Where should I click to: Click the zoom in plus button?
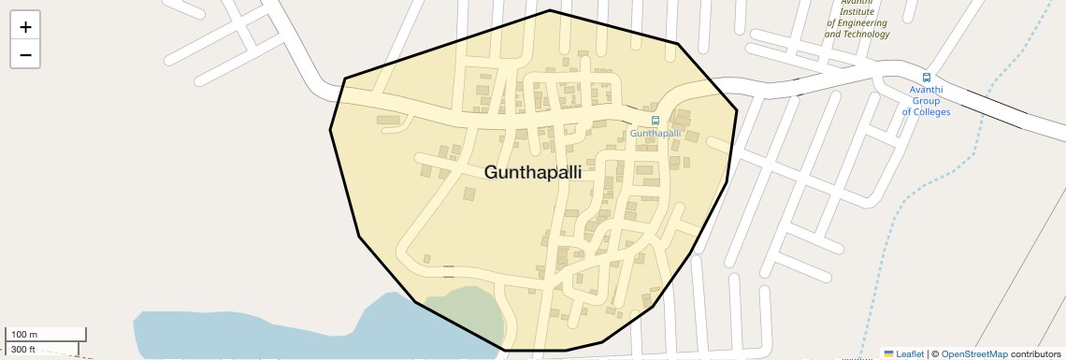25,27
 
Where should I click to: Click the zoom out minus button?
25,55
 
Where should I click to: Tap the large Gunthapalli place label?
533,173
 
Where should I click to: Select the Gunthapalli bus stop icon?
655,121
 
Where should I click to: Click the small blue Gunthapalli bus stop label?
655,134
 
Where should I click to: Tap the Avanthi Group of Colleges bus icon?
926,78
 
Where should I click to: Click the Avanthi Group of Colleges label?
926,101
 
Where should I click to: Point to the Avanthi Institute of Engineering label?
857,22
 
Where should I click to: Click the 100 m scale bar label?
25,335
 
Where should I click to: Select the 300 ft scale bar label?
23,350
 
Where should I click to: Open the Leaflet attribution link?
909,353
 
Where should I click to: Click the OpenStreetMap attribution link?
973,353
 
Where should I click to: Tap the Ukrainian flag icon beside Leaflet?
888,353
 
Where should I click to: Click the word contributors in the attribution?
1035,353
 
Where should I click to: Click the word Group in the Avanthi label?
926,101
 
